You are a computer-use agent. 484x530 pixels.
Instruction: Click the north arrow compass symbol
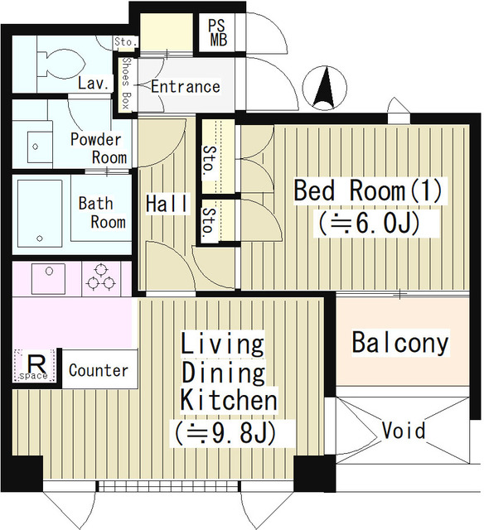[x=329, y=89]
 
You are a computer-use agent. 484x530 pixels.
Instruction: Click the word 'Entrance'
[x=185, y=87]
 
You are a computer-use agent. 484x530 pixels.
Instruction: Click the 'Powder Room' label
[x=98, y=147]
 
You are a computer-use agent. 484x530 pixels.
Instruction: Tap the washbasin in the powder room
[x=34, y=146]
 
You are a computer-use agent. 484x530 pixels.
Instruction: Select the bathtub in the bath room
[x=39, y=212]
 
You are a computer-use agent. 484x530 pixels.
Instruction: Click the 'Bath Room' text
[x=101, y=212]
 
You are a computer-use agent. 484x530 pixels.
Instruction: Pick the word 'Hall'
[x=167, y=203]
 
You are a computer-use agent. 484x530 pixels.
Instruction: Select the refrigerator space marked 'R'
[x=36, y=364]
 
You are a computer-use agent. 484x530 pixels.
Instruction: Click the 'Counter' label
[x=99, y=370]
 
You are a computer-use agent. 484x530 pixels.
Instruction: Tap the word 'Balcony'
[x=399, y=343]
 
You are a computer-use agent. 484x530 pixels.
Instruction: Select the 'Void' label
[x=404, y=431]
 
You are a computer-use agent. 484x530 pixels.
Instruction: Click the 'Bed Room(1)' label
[x=369, y=190]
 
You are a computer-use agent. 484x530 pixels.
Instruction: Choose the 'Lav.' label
[x=90, y=83]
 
